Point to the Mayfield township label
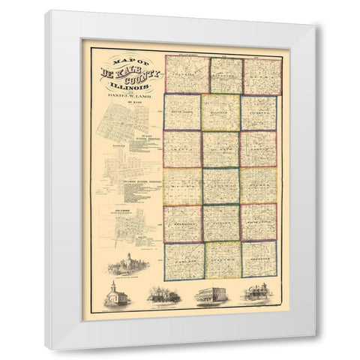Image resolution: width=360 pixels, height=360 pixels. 221,112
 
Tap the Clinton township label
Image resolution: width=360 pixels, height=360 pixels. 221,223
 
